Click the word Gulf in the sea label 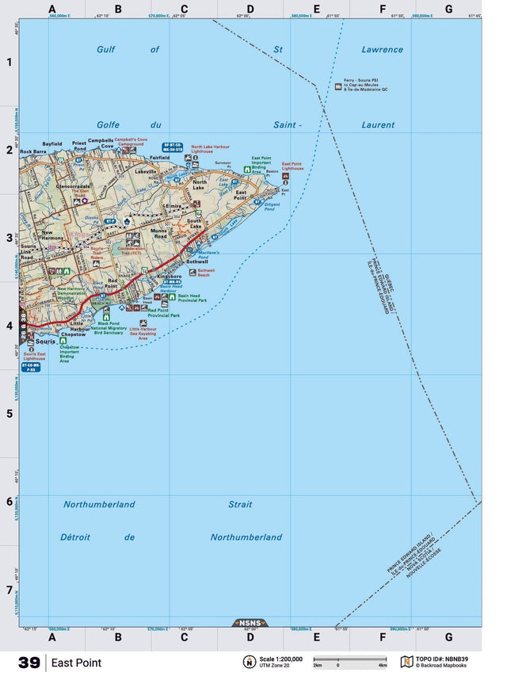[106, 49]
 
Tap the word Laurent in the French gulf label [378, 124]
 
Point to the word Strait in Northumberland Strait [240, 504]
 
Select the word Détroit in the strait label [80, 537]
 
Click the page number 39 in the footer [29, 663]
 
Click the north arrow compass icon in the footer [249, 662]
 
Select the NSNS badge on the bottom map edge [250, 623]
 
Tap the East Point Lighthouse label [292, 166]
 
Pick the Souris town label [46, 341]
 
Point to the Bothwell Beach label [205, 273]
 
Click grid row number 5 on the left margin [10, 414]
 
